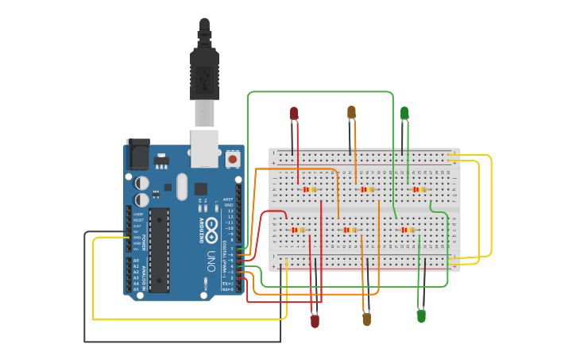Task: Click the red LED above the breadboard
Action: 294,114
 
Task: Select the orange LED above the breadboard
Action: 351,113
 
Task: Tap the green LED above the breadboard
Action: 404,113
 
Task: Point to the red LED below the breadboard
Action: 315,321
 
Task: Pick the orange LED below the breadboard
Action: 366,319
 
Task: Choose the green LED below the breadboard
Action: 421,315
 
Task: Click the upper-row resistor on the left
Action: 310,189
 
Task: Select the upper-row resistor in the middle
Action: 366,189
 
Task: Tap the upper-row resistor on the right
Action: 419,189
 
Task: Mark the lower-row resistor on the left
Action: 299,230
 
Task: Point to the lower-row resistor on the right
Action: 408,230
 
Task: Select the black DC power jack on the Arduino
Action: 137,154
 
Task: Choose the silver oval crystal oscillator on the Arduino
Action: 182,187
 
